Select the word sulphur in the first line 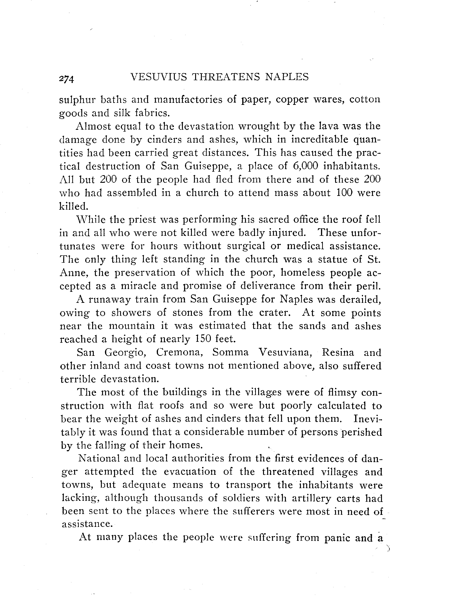point(77,100)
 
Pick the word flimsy point(342,392)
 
